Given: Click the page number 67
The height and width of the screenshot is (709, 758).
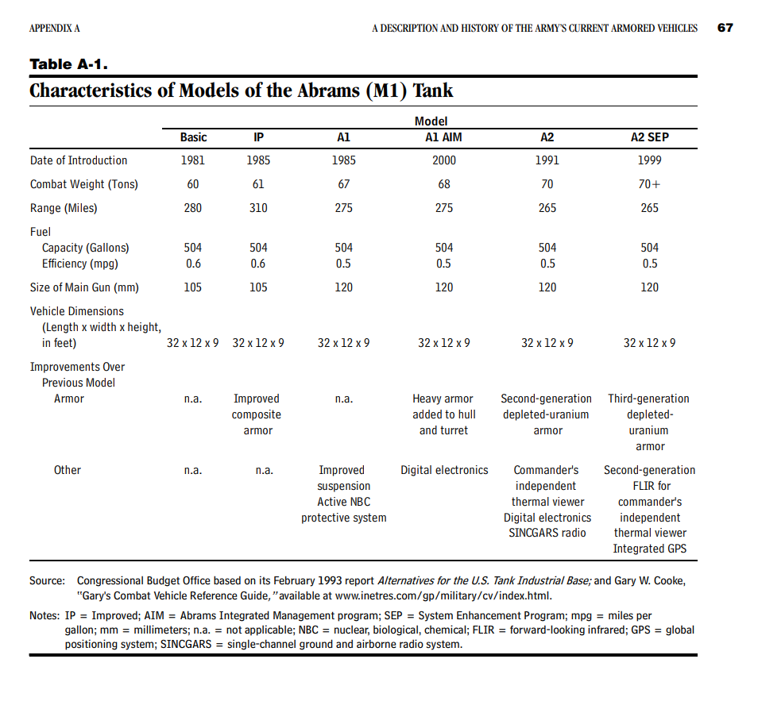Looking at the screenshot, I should pos(725,28).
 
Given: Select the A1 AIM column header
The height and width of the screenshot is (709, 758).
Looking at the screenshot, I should pos(443,137).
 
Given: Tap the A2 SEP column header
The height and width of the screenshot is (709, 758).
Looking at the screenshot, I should pos(649,137).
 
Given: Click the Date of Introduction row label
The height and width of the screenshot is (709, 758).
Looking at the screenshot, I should pos(79,160).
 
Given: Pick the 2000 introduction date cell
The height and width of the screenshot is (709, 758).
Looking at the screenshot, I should pos(443,160).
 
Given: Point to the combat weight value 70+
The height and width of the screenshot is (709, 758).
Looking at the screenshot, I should pos(649,184).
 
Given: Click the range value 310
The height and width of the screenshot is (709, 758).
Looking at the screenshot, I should pos(258,208).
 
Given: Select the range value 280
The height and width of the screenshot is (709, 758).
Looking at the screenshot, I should pos(193,208).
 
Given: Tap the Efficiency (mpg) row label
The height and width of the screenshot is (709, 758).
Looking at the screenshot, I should pos(80,264).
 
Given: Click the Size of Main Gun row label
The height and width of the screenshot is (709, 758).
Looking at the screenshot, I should pos(84,287).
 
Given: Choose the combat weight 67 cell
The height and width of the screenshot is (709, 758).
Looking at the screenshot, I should pos(343,184).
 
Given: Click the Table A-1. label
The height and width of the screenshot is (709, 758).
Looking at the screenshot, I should pos(68,64).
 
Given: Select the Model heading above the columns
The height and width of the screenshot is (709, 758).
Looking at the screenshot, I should pos(431,121).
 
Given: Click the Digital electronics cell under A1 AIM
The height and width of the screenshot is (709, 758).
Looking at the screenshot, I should pos(444,470).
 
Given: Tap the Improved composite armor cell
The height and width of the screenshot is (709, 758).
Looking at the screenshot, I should pos(257,414).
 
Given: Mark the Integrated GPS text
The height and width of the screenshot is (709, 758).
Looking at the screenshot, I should pos(649,549).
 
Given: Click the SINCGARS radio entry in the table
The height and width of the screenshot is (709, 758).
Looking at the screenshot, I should pos(547,533).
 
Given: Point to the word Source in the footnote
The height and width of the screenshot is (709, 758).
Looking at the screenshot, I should pos(47,581).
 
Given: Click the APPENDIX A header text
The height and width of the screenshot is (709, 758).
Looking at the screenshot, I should pos(55,29).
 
